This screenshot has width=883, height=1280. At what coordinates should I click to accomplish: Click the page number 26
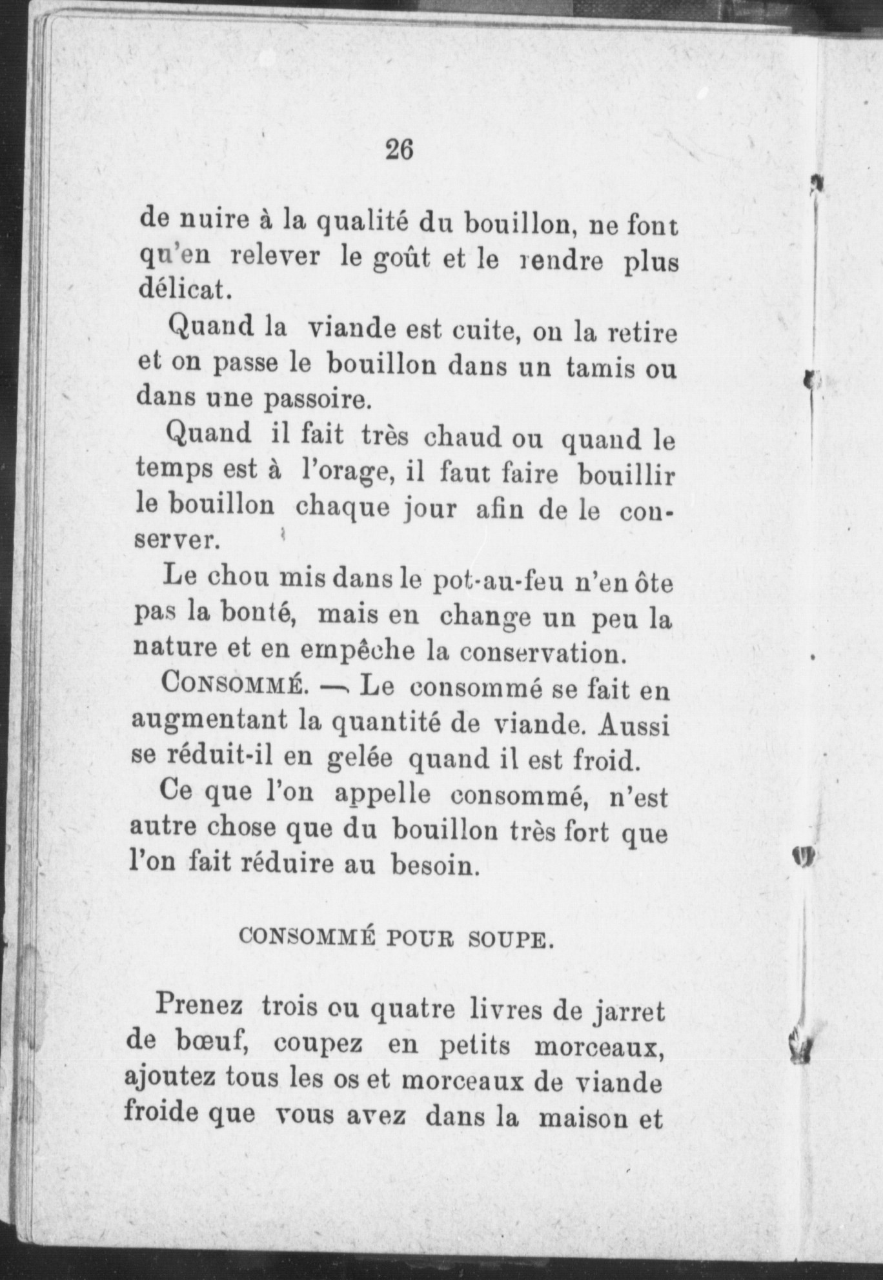pos(399,150)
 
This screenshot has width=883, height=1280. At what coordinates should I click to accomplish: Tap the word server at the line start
pos(172,540)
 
